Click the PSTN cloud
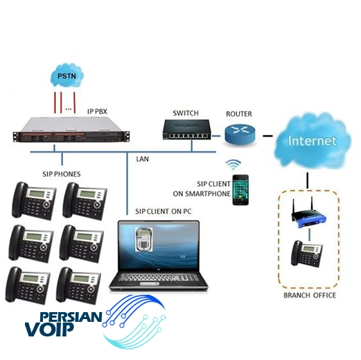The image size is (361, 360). [67, 75]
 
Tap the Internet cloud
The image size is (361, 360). [312, 141]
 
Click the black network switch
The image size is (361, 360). [186, 130]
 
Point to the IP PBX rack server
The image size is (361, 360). [71, 130]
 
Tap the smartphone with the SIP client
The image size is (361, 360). [240, 190]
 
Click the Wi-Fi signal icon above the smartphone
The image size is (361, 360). [234, 164]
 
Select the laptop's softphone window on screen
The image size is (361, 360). [143, 239]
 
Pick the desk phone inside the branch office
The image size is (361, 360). [306, 254]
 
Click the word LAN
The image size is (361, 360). [142, 159]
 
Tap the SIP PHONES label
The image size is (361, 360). [62, 174]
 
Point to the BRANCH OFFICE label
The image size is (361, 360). [310, 295]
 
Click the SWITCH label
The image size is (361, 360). [186, 113]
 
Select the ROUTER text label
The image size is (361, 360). [239, 114]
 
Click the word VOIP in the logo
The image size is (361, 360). [49, 329]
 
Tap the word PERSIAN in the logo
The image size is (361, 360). [71, 317]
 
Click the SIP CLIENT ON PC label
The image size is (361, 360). [164, 212]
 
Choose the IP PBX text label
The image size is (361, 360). [97, 112]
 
